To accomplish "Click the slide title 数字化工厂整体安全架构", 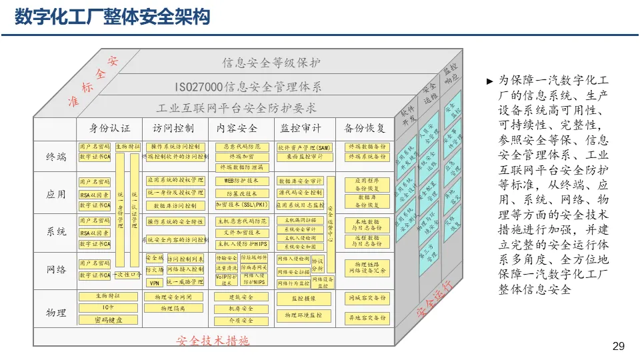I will click(x=113, y=17).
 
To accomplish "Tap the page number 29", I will click(x=618, y=345).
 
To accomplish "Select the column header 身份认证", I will click(x=110, y=128).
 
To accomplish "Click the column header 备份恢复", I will click(x=365, y=128).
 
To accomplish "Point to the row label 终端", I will click(x=56, y=157).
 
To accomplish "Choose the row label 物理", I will click(x=56, y=313).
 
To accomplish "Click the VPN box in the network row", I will click(x=154, y=282).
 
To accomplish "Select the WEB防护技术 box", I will click(x=241, y=181).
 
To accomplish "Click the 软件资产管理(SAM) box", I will click(x=304, y=147).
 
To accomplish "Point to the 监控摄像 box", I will click(x=304, y=299).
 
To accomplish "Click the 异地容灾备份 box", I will click(x=367, y=318).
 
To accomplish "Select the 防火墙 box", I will click(x=154, y=269).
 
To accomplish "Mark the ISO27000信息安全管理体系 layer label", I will click(x=248, y=87).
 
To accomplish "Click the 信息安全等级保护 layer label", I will click(x=271, y=63).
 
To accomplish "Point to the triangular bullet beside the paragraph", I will click(x=490, y=81).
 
